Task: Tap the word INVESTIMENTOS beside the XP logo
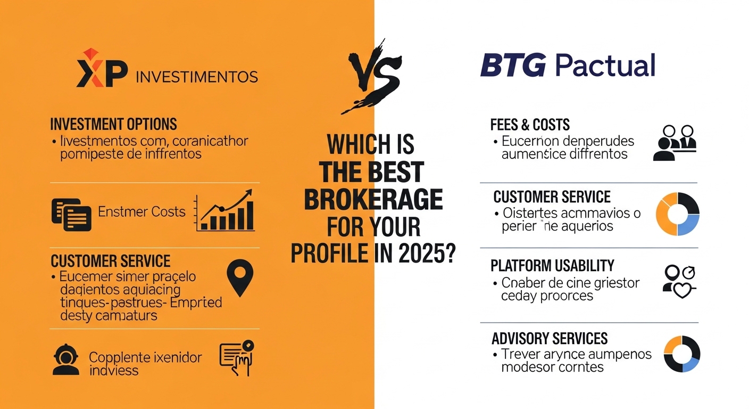pos(197,77)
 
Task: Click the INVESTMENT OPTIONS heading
pos(113,124)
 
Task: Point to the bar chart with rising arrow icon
pos(224,212)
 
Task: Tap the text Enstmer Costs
pos(142,211)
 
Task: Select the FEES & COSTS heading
pos(530,125)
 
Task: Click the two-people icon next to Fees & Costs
pos(675,143)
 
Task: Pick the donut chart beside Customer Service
pos(677,214)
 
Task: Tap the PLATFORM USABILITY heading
pos(552,265)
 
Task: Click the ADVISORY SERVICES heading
pos(550,338)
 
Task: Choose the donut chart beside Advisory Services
pos(682,354)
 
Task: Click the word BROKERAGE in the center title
pos(373,199)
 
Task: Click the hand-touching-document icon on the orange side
pos(236,357)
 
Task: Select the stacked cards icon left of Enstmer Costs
pos(71,214)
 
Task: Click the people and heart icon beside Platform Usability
pos(679,281)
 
